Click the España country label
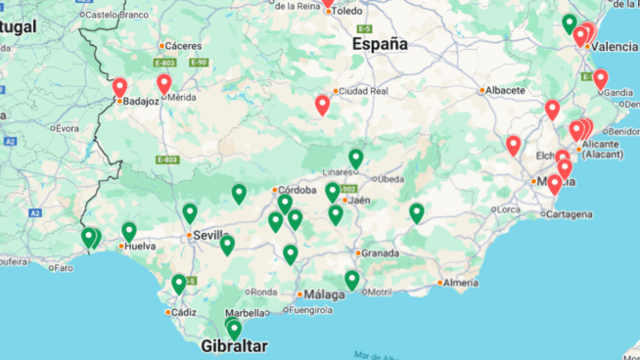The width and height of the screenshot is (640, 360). pyautogui.click(x=380, y=44)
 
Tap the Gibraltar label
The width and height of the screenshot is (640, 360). pyautogui.click(x=233, y=346)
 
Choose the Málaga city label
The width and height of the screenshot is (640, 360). pyautogui.click(x=324, y=293)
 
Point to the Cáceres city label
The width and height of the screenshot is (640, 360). pyautogui.click(x=183, y=45)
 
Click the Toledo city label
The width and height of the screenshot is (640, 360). pyautogui.click(x=346, y=11)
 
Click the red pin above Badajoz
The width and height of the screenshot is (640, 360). pyautogui.click(x=119, y=87)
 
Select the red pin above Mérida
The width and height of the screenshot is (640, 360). pyautogui.click(x=163, y=84)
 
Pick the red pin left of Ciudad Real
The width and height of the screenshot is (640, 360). pyautogui.click(x=322, y=104)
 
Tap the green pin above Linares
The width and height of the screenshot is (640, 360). pyautogui.click(x=355, y=157)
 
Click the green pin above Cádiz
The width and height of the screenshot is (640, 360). pyautogui.click(x=179, y=283)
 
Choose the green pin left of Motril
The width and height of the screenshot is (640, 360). pyautogui.click(x=351, y=280)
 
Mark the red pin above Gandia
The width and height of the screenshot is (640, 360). pyautogui.click(x=600, y=78)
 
